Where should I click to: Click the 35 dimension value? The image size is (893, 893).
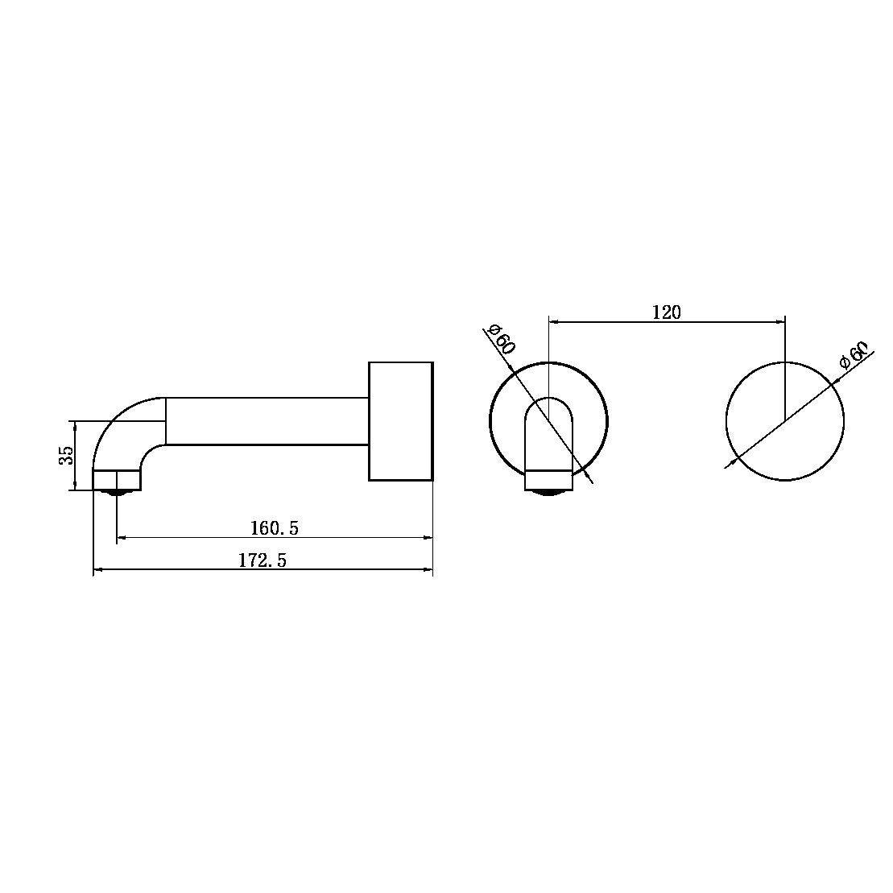pos(67,455)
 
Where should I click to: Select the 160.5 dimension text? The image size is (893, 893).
pos(275,528)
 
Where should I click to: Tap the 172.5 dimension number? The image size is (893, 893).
pos(263,560)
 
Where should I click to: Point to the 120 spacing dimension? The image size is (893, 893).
pos(667,312)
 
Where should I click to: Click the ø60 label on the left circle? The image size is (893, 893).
pos(502,339)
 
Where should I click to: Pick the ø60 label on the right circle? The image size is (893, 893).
pos(854,356)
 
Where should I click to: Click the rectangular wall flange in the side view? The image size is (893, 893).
pos(401,421)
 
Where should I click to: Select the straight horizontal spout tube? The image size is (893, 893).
pos(267,421)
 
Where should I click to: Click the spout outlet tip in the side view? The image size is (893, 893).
pos(117,480)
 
